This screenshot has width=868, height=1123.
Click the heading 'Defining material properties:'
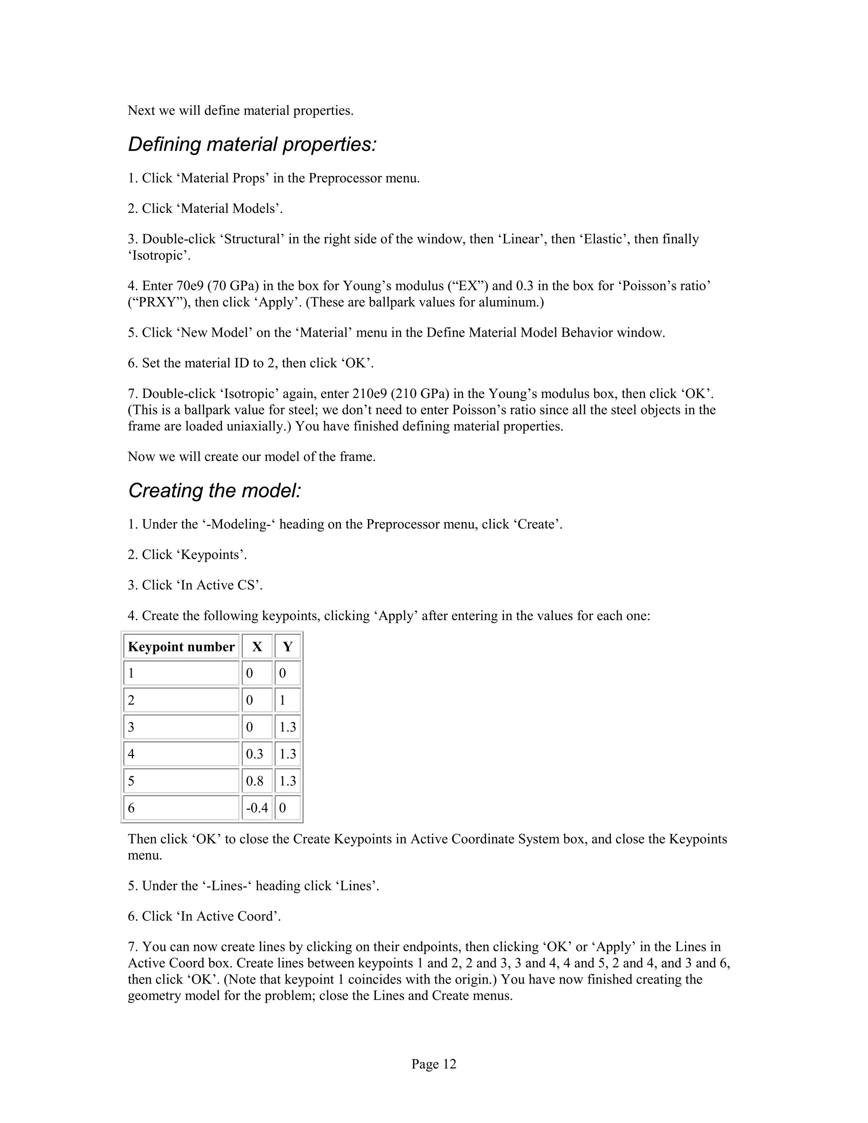252,145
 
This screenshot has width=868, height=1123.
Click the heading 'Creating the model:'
214,491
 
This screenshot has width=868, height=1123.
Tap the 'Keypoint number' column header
181,647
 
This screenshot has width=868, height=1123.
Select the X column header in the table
256,647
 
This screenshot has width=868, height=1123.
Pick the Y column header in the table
287,647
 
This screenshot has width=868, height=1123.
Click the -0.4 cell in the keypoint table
256,808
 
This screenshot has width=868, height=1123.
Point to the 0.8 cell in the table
255,781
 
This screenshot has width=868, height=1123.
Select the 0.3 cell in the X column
255,754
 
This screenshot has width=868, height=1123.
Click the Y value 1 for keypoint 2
282,700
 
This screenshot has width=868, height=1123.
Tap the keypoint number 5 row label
132,781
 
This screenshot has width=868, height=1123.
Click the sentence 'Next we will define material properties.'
241,111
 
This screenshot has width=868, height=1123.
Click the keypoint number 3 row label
132,727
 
